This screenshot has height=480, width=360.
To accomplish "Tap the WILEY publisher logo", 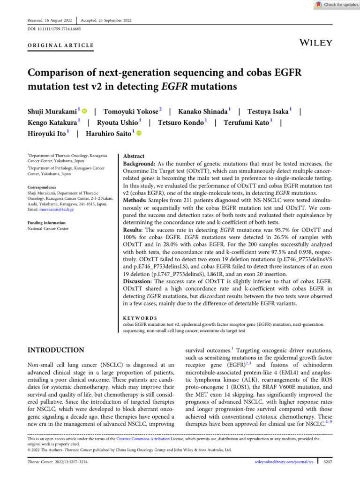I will coord(316,43).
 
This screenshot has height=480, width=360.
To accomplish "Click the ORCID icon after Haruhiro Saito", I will coord(139,134).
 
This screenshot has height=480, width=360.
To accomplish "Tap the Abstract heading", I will coord(134,156).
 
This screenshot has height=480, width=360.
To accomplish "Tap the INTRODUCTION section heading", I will coord(56,350).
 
